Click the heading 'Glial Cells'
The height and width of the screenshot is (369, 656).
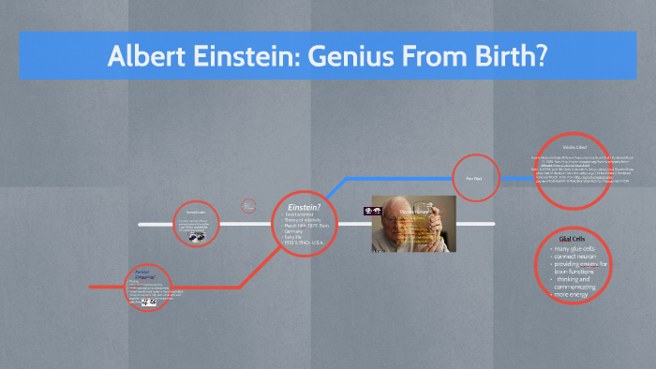[x=572, y=239]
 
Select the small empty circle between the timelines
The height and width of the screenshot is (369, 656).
[x=248, y=204]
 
